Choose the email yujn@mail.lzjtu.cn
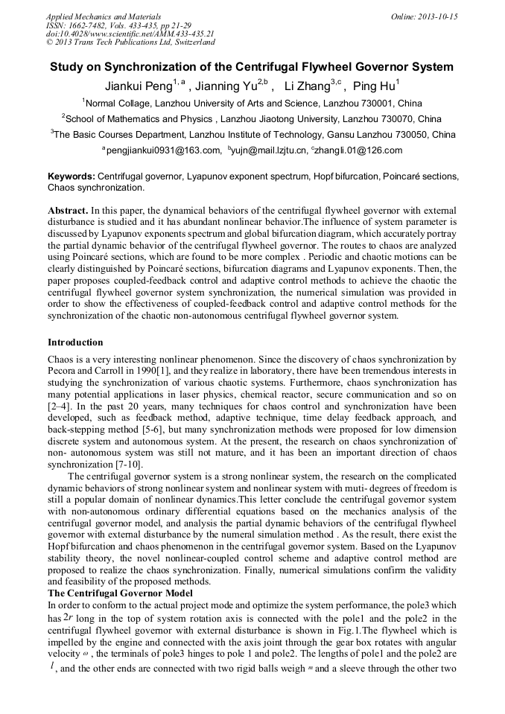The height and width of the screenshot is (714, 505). click(x=269, y=150)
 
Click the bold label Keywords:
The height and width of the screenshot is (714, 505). click(x=72, y=176)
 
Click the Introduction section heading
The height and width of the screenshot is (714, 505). click(x=75, y=342)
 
